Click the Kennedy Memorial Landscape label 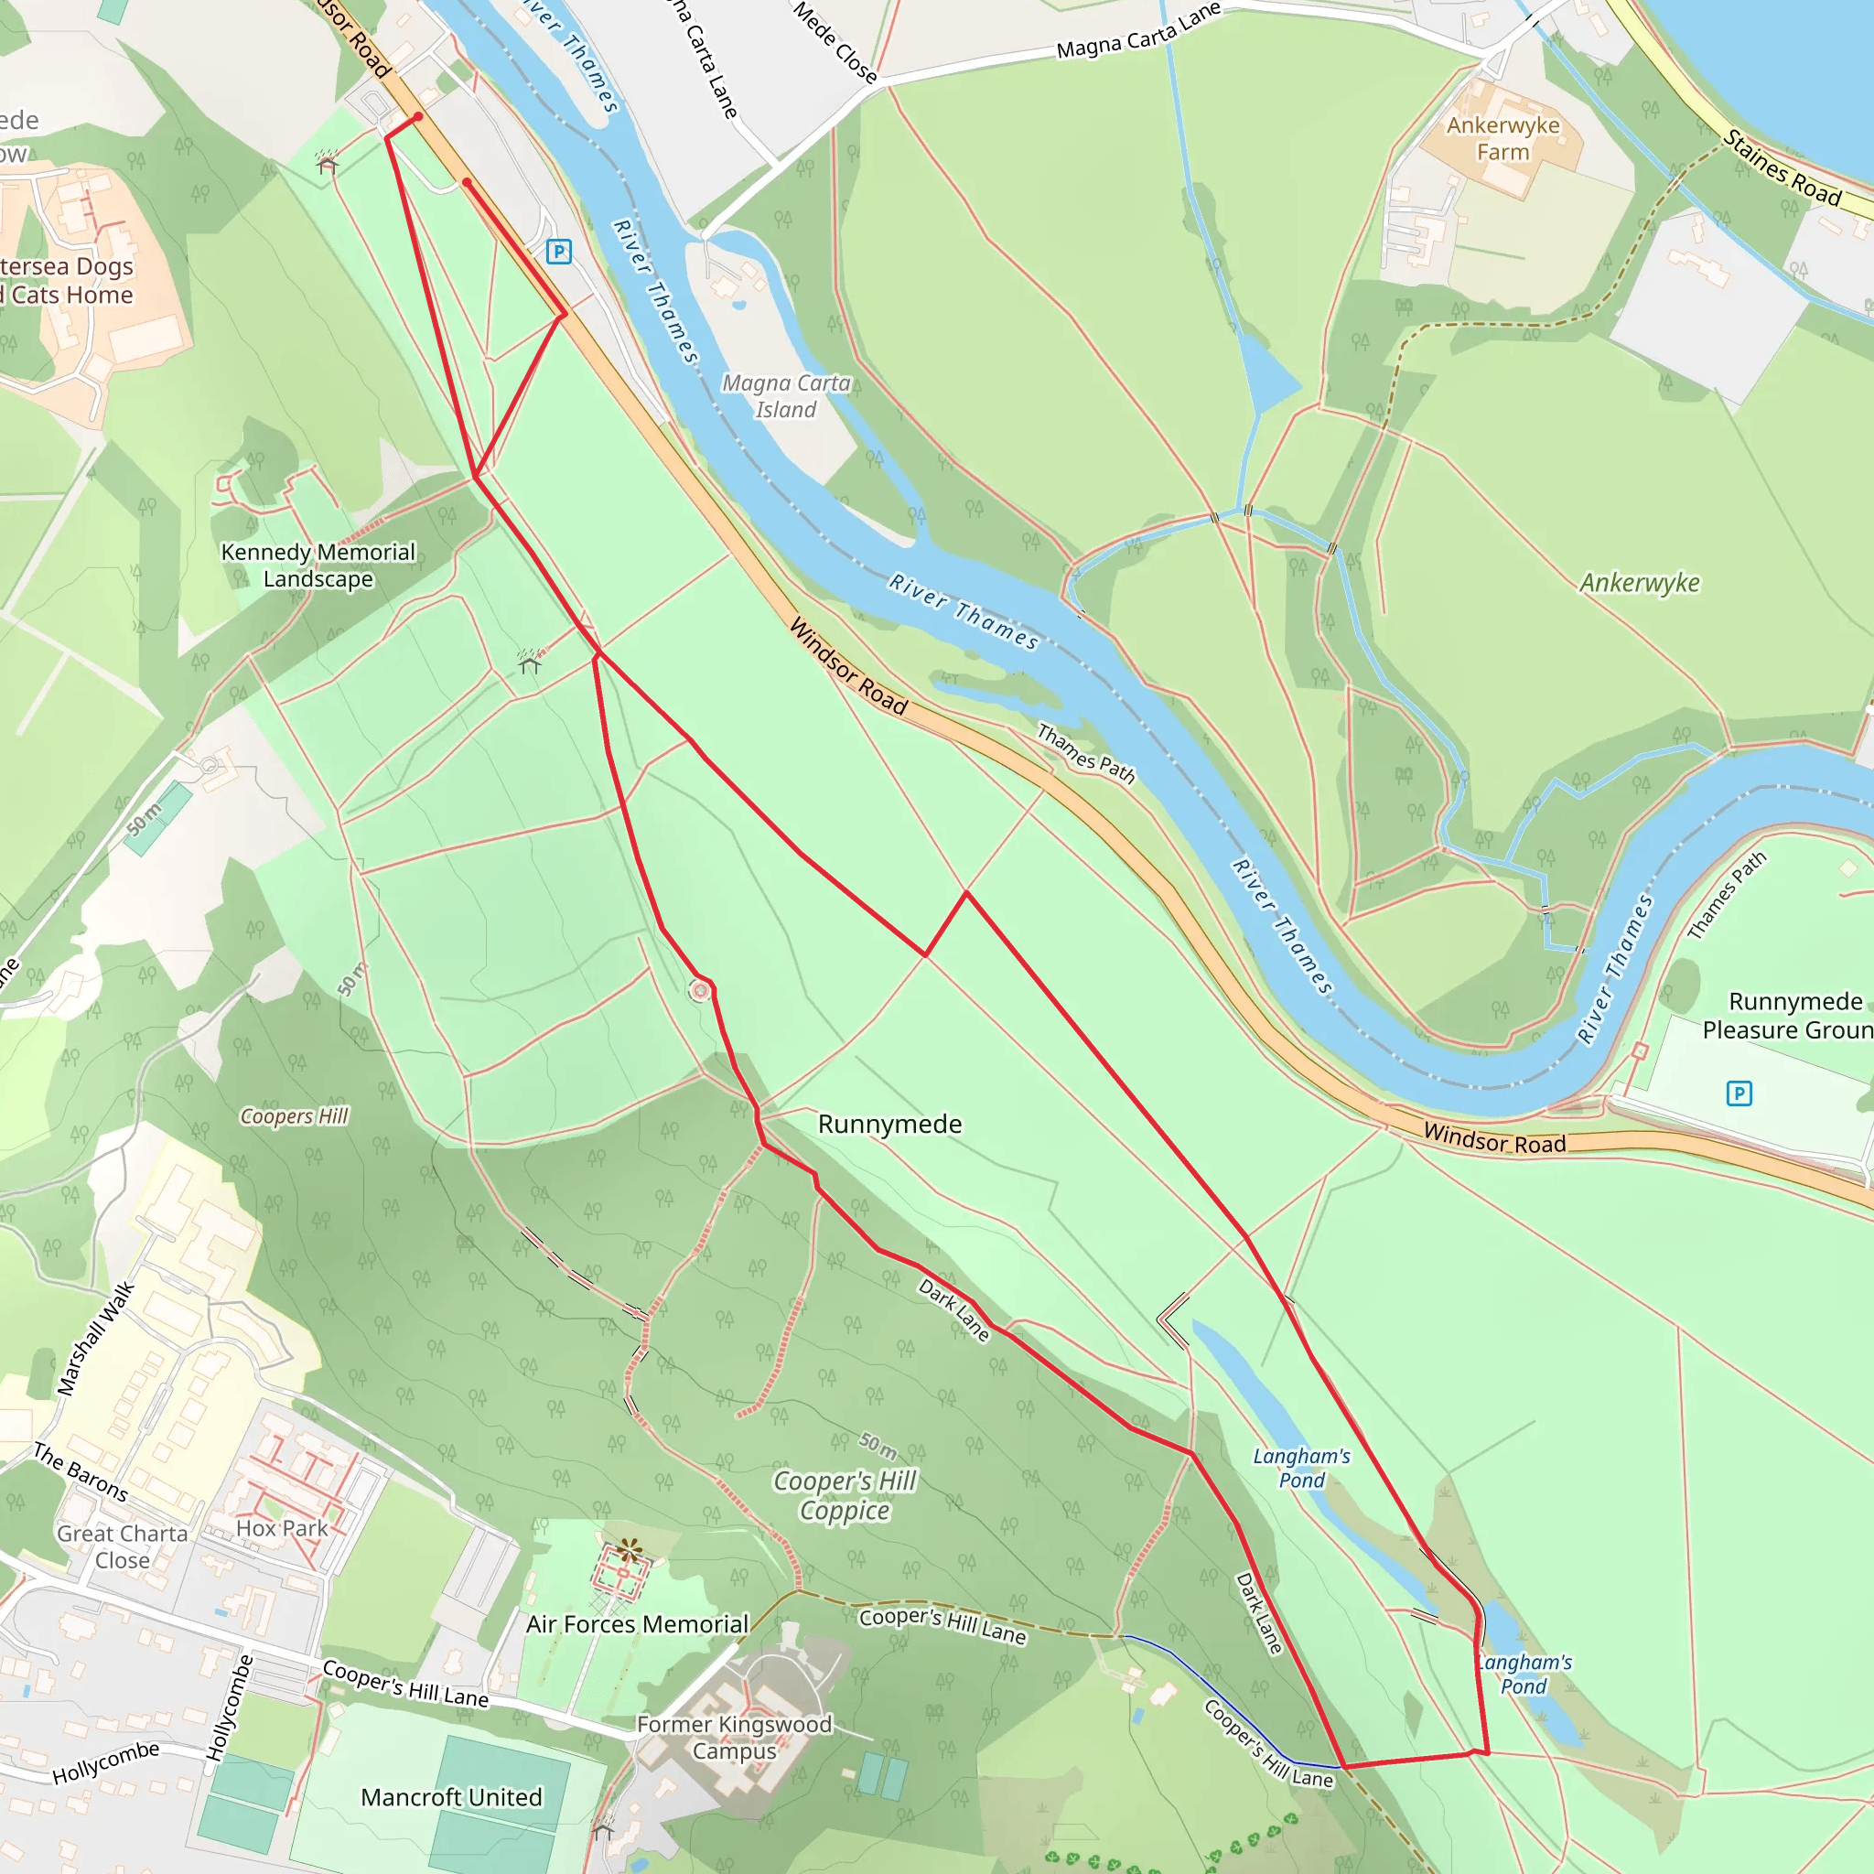tap(318, 565)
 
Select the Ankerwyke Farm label tap(1502, 139)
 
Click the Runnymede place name tap(889, 1125)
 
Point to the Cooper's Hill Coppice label tap(845, 1496)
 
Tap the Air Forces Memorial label tap(637, 1625)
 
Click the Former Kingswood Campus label tap(734, 1738)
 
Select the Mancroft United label tap(451, 1797)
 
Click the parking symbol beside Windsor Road tap(559, 253)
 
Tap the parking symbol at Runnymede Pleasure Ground tap(1739, 1094)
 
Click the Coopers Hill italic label tap(294, 1116)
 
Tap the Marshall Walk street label tap(96, 1339)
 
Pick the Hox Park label tap(282, 1529)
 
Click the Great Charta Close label tap(123, 1547)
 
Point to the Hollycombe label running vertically tap(229, 1708)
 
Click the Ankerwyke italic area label tap(1639, 583)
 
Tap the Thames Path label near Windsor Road tap(1085, 753)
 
